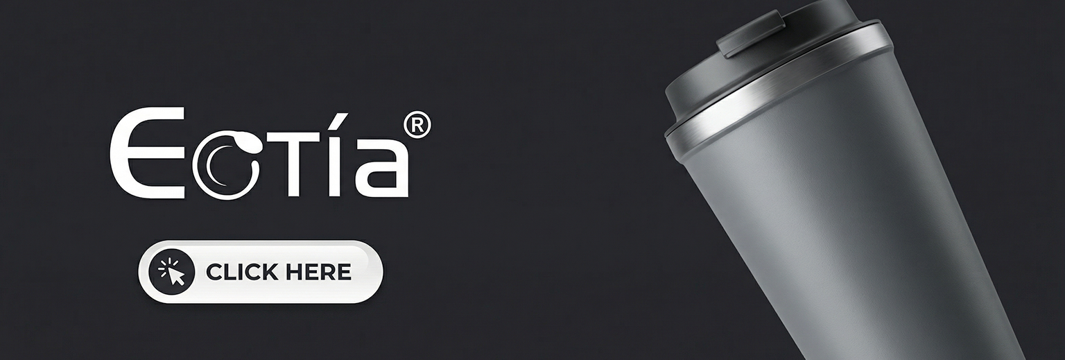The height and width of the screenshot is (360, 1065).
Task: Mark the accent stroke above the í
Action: pyautogui.click(x=341, y=121)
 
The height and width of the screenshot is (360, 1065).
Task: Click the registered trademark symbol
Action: pyautogui.click(x=417, y=125)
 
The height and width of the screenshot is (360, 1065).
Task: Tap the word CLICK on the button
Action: pyautogui.click(x=242, y=272)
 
